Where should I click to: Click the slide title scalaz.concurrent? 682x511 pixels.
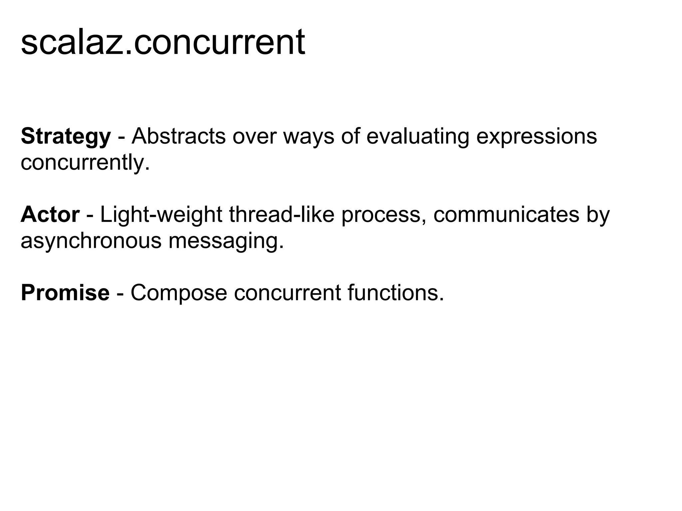(163, 42)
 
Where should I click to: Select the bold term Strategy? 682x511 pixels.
(66, 137)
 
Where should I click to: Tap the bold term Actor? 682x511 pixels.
(50, 215)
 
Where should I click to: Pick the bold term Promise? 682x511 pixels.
(65, 293)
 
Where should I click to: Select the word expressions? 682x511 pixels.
(536, 137)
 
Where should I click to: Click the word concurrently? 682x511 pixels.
(85, 163)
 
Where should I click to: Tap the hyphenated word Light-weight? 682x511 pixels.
(161, 215)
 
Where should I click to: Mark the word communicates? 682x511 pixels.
(506, 215)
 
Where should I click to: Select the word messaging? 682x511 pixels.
(226, 241)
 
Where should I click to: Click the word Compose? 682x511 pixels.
(178, 293)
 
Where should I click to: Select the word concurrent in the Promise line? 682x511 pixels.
(287, 293)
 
